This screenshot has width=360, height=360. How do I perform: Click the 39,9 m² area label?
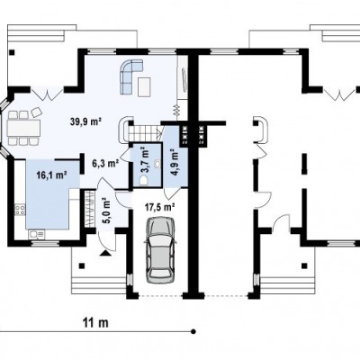pos(85,121)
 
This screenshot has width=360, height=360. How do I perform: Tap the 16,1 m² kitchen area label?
pos(51,175)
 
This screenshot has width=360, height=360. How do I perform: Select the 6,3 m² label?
pos(105,163)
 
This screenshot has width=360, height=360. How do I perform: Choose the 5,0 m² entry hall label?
pos(106,211)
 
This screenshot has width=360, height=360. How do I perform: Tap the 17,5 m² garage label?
pos(160,207)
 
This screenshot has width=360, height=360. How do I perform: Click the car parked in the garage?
pos(160,249)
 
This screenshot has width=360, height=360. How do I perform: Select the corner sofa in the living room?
pos(131,76)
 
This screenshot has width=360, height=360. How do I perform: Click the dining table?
pos(24,128)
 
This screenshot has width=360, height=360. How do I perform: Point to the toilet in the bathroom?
pos(144,180)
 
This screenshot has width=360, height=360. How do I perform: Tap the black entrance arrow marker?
pos(104,253)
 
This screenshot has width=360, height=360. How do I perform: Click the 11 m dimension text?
pos(95,323)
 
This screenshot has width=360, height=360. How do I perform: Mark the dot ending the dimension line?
pos(193,331)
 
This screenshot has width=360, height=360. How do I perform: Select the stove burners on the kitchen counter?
pos(21,210)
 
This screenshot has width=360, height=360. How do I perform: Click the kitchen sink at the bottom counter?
pos(36,234)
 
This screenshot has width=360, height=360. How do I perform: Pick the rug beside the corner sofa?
pos(144,86)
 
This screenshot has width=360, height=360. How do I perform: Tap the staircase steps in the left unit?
pos(143,133)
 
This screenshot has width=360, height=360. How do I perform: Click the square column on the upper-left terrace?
pos(12,52)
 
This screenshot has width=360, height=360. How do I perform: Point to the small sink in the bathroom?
pos(157,164)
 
